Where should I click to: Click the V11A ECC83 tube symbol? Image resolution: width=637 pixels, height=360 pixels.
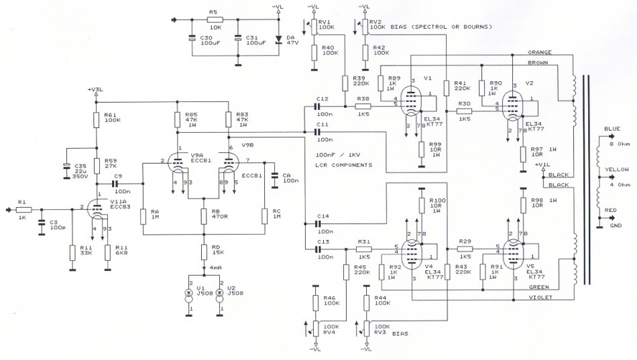tap(97, 211)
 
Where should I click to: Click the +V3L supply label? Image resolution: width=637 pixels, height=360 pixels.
tap(95, 89)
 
